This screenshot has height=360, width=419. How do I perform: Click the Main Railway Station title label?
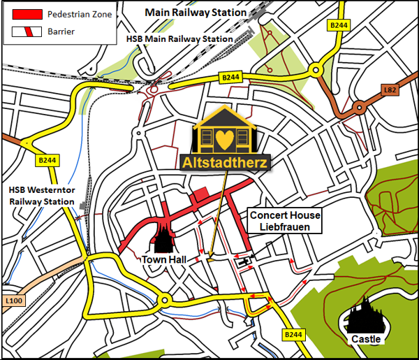[x=196, y=13]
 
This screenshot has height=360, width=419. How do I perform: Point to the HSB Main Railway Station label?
[x=179, y=39]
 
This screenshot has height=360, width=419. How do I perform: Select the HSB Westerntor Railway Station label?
[x=41, y=196]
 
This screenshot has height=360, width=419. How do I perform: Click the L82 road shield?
[x=391, y=89]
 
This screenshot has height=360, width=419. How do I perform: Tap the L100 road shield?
[x=14, y=301]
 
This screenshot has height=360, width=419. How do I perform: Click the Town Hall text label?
[x=162, y=259]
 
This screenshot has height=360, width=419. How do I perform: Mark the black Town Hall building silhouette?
[x=163, y=238]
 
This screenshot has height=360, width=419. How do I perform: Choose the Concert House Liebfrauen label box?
[x=285, y=221]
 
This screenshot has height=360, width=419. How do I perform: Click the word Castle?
[x=367, y=339]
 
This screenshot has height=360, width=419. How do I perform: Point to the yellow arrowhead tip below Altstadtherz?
[x=208, y=260]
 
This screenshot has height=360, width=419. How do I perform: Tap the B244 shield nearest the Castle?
[x=294, y=336]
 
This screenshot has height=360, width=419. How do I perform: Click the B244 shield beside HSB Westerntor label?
[x=47, y=160]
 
